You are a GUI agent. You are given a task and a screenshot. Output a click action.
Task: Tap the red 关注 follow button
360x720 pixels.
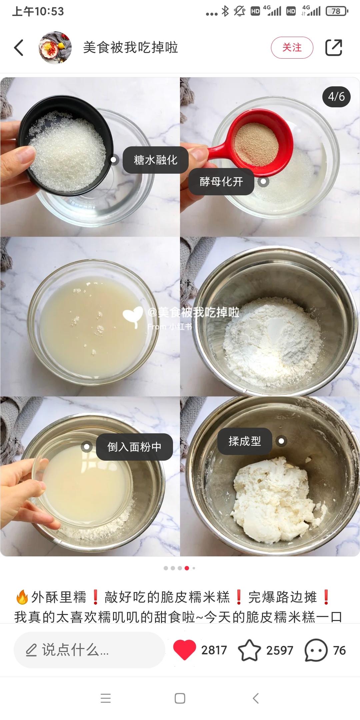tap(292, 47)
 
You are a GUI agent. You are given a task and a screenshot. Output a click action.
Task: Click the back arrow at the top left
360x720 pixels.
tap(19, 47)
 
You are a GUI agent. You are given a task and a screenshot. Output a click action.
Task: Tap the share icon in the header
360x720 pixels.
tap(334, 47)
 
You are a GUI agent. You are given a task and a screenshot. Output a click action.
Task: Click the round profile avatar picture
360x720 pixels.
tap(55, 47)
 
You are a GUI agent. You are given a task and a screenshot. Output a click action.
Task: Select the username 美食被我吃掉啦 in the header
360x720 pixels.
tap(130, 47)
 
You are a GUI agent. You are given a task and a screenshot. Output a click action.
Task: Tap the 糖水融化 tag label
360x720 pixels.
tap(156, 160)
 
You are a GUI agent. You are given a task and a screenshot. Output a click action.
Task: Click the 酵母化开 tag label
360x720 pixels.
tap(221, 182)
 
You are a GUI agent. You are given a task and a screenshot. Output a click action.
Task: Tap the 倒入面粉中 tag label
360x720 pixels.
tap(134, 447)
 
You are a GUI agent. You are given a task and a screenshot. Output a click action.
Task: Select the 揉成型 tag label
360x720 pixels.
tap(245, 441)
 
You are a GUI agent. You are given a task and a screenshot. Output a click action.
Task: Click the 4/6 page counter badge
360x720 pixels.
tap(336, 97)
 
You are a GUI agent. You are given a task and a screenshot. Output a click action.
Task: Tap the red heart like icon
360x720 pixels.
tap(184, 650)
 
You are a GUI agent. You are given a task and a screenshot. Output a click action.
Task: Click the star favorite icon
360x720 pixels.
tap(249, 650)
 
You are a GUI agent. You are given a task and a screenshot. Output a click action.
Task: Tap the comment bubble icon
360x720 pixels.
tap(316, 650)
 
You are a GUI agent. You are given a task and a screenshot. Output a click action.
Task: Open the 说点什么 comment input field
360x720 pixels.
tap(89, 650)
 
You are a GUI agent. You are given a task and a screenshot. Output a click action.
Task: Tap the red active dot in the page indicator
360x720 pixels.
tap(187, 568)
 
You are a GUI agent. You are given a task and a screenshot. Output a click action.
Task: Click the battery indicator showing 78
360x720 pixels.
tap(337, 11)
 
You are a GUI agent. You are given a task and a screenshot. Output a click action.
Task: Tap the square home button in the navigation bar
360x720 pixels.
tap(180, 698)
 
